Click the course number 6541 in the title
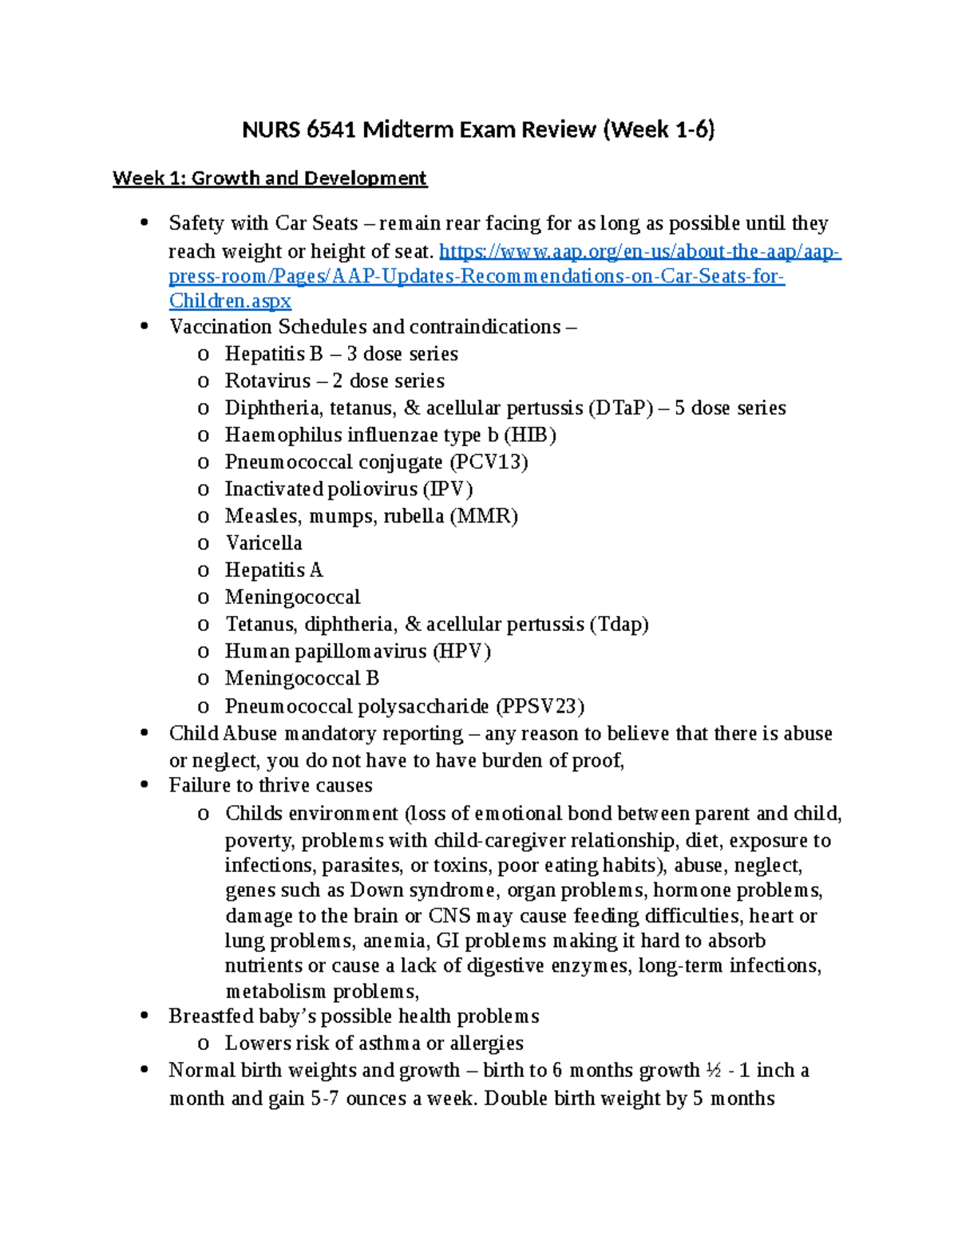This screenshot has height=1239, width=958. click(331, 129)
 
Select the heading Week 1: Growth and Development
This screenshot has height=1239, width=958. click(270, 178)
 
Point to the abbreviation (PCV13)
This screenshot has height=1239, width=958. click(489, 463)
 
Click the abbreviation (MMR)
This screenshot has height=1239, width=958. click(484, 516)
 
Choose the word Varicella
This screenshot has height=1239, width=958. click(263, 543)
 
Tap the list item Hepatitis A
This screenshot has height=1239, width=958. click(274, 570)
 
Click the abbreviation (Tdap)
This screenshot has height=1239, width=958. click(619, 625)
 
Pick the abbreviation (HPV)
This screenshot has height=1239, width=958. click(461, 652)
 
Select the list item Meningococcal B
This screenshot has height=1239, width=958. click(302, 679)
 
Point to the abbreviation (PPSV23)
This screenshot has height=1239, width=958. click(540, 707)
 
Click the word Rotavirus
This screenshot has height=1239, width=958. click(267, 381)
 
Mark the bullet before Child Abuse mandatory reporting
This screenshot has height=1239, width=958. click(144, 733)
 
